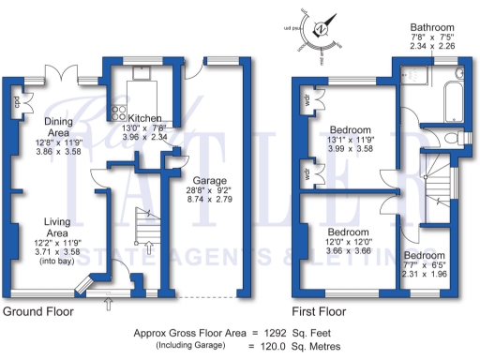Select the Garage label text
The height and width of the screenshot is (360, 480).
click(x=208, y=180)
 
